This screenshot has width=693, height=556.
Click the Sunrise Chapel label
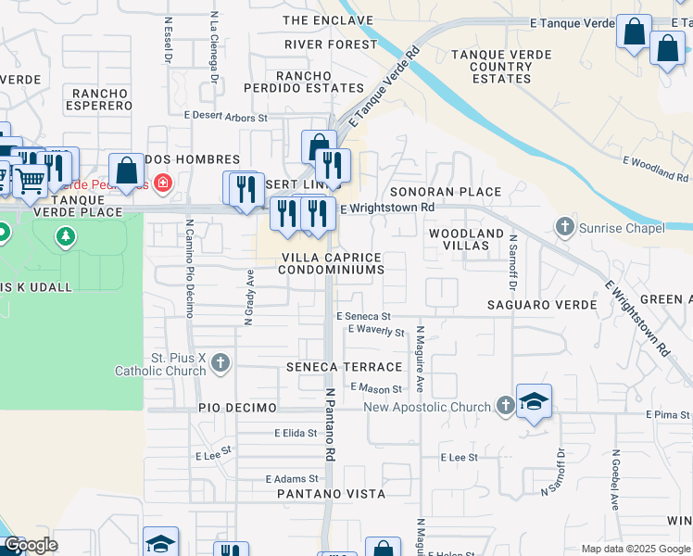(622, 227)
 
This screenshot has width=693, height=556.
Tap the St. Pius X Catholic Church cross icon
(220, 362)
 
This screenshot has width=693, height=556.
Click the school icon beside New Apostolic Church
(534, 401)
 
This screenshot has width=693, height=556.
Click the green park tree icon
(66, 237)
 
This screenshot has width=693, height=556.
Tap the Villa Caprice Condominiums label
(331, 263)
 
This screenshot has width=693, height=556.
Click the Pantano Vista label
(331, 495)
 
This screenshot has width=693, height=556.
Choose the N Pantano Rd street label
(329, 424)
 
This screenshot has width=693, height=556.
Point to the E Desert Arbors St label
(225, 118)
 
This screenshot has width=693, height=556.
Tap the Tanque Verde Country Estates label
(488, 67)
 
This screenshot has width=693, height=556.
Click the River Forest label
(331, 44)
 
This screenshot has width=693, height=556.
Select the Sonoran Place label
(445, 192)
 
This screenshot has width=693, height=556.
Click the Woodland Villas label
(466, 239)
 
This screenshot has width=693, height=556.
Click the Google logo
(31, 545)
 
